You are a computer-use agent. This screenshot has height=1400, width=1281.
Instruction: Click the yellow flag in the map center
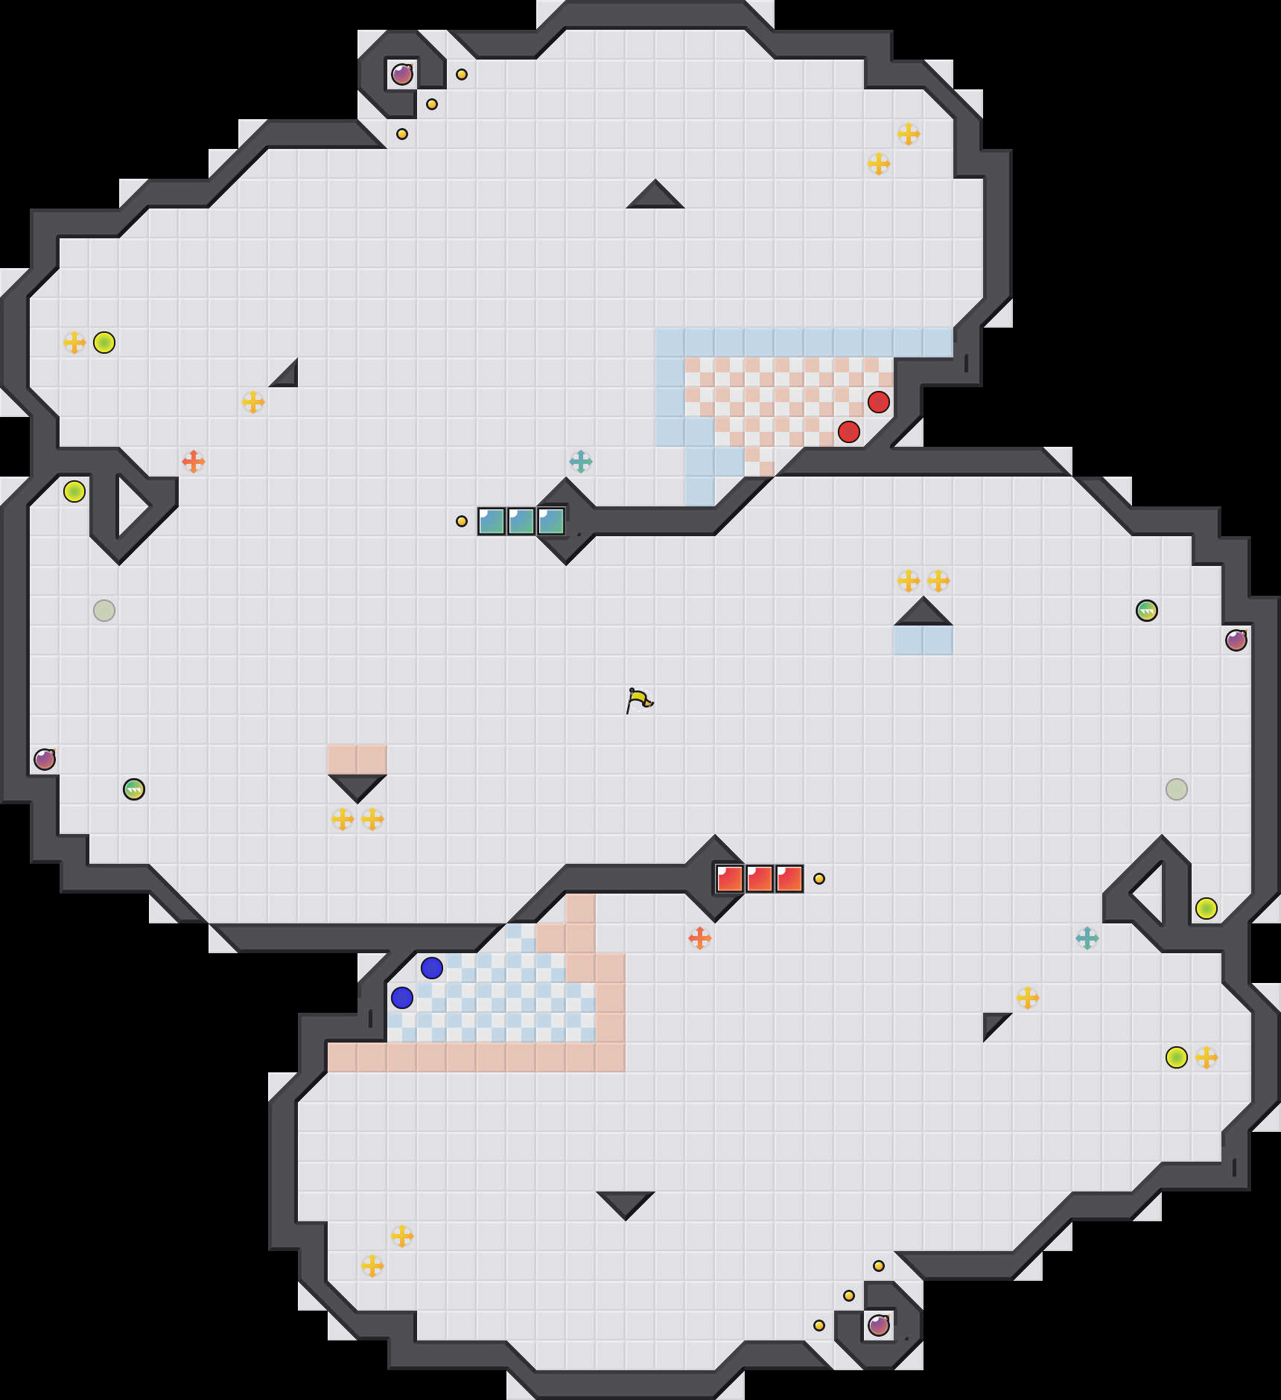coord(639,700)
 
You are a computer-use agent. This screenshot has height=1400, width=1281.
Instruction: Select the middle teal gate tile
coord(521,521)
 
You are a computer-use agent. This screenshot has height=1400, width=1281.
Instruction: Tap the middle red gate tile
coord(760,879)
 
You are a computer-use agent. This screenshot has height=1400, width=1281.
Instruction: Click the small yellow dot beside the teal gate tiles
coord(462,521)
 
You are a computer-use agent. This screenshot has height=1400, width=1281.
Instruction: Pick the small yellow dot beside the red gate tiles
coord(819,879)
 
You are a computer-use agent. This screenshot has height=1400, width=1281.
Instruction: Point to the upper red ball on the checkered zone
coord(879,402)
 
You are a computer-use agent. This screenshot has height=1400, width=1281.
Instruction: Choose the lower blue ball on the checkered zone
coord(402,998)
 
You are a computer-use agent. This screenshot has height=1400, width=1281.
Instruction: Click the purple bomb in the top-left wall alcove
coord(402,74)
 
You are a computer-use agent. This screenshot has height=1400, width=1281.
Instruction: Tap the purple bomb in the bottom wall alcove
coord(879,1326)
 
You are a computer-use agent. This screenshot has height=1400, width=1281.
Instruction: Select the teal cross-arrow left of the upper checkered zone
coord(581,462)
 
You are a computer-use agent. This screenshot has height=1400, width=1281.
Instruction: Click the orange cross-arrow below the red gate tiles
coord(700,938)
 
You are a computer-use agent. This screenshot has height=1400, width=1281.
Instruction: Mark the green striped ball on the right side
coord(1147,611)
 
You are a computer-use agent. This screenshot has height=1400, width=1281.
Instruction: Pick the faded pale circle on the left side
coord(104,611)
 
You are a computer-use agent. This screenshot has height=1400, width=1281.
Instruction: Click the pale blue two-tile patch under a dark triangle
coord(924,640)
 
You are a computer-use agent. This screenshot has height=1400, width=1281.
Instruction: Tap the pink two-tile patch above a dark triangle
coord(357,760)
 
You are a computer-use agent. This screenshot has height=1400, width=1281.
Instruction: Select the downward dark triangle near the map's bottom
coord(626,1203)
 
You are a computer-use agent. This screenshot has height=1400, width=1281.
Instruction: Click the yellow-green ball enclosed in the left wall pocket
coord(74,491)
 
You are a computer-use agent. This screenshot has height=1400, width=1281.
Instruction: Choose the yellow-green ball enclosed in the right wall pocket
coord(1207,909)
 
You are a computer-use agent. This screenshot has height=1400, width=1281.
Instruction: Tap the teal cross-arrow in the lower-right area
coord(1087,938)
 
